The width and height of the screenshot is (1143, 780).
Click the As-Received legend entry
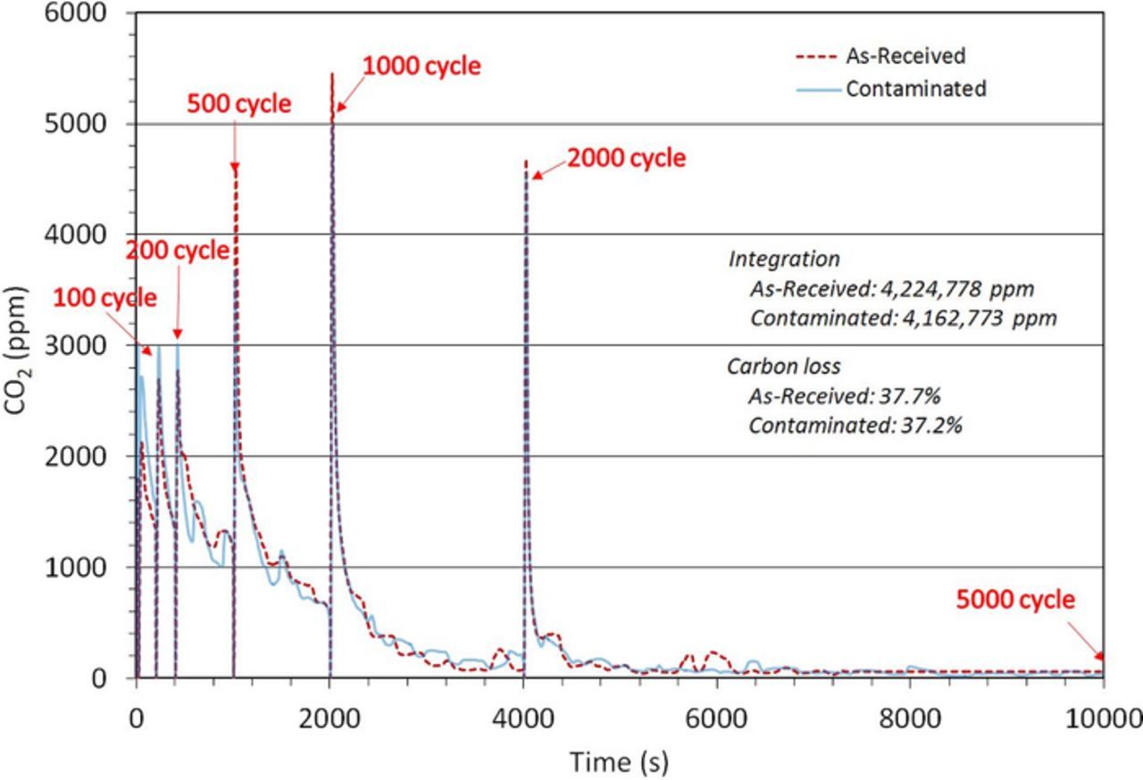coord(905,55)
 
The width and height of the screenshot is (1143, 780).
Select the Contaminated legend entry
coord(915,88)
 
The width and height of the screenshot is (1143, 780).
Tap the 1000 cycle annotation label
coord(421,65)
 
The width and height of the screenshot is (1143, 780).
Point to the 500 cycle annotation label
coord(238,104)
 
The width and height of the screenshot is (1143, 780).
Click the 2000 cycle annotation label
coord(627,158)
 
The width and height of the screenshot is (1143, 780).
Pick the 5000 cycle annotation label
coord(1015,600)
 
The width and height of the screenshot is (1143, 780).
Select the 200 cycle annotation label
coord(177,251)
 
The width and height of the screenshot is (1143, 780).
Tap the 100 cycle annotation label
coord(104,297)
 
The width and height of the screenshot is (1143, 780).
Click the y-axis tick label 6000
coord(77,13)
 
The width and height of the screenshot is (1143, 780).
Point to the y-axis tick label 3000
coord(77,345)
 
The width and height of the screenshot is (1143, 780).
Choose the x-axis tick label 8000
coord(910,718)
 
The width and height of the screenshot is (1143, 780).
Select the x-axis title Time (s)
coord(619,761)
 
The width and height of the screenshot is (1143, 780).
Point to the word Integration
coord(784,259)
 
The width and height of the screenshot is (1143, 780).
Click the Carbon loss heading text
coord(783,367)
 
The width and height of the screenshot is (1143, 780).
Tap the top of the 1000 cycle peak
coord(332,74)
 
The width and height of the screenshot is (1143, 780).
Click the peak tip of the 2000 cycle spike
coord(526,162)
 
